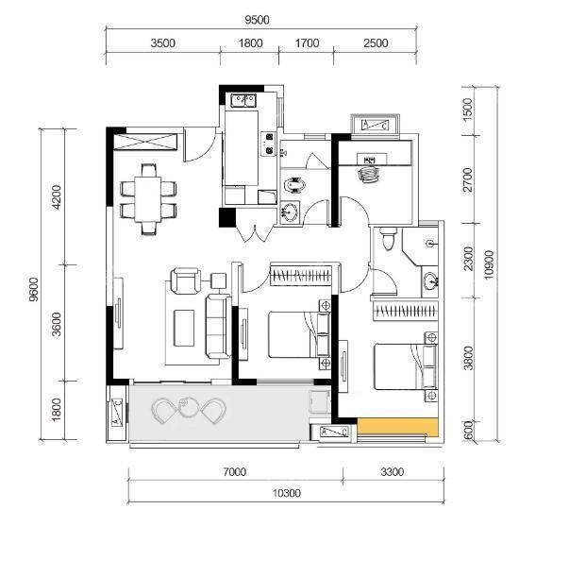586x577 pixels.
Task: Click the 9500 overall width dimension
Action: point(257,20)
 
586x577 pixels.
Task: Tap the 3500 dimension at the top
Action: point(162,43)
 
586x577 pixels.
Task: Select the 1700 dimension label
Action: point(307,43)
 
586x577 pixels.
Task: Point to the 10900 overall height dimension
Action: point(488,264)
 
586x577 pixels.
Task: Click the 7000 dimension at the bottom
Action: point(235,472)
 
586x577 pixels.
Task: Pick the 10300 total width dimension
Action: point(286,493)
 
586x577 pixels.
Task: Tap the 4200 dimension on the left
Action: point(56,196)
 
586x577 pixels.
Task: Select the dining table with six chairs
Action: point(148,199)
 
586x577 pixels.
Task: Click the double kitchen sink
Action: point(243,100)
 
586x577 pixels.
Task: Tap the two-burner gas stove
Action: point(268,144)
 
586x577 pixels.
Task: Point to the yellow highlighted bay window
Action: point(397,427)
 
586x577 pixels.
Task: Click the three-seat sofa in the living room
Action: point(218,327)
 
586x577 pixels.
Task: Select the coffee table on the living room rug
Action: point(184,328)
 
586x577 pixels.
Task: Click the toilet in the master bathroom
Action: point(389,239)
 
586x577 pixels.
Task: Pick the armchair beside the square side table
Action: point(185,280)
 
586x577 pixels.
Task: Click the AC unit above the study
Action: point(375,125)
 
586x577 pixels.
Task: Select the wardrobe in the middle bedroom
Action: point(301,275)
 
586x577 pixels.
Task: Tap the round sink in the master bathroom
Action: point(431,281)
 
